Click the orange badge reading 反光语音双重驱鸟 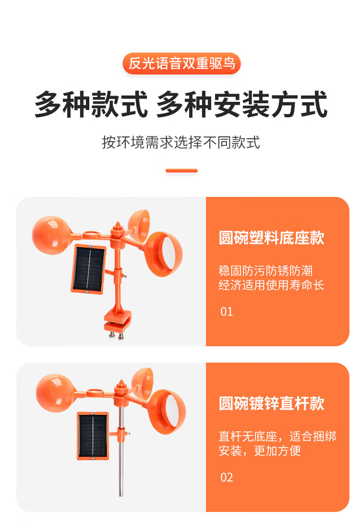click(181, 63)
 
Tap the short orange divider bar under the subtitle click(181, 170)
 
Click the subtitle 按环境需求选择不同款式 click(180, 143)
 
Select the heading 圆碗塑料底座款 click(271, 238)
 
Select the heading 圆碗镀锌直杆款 click(271, 403)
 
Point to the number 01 click(227, 312)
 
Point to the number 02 click(227, 477)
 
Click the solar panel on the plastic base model click(88, 269)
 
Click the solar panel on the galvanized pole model click(93, 436)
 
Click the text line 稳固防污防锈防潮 click(265, 270)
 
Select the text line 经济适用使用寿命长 click(271, 285)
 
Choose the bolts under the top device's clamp click(116, 335)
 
